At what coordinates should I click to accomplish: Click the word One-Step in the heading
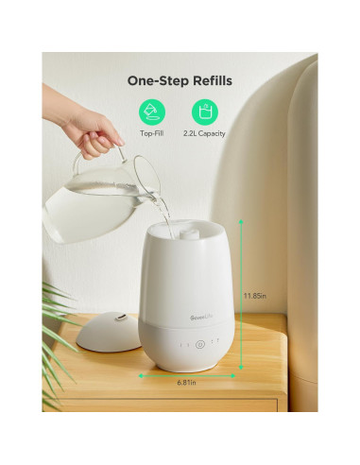coord(155,80)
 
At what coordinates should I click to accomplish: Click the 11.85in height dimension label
coord(252,294)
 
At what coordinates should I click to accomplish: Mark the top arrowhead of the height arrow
coord(241,222)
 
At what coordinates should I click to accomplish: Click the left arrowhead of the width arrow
coord(142,375)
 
